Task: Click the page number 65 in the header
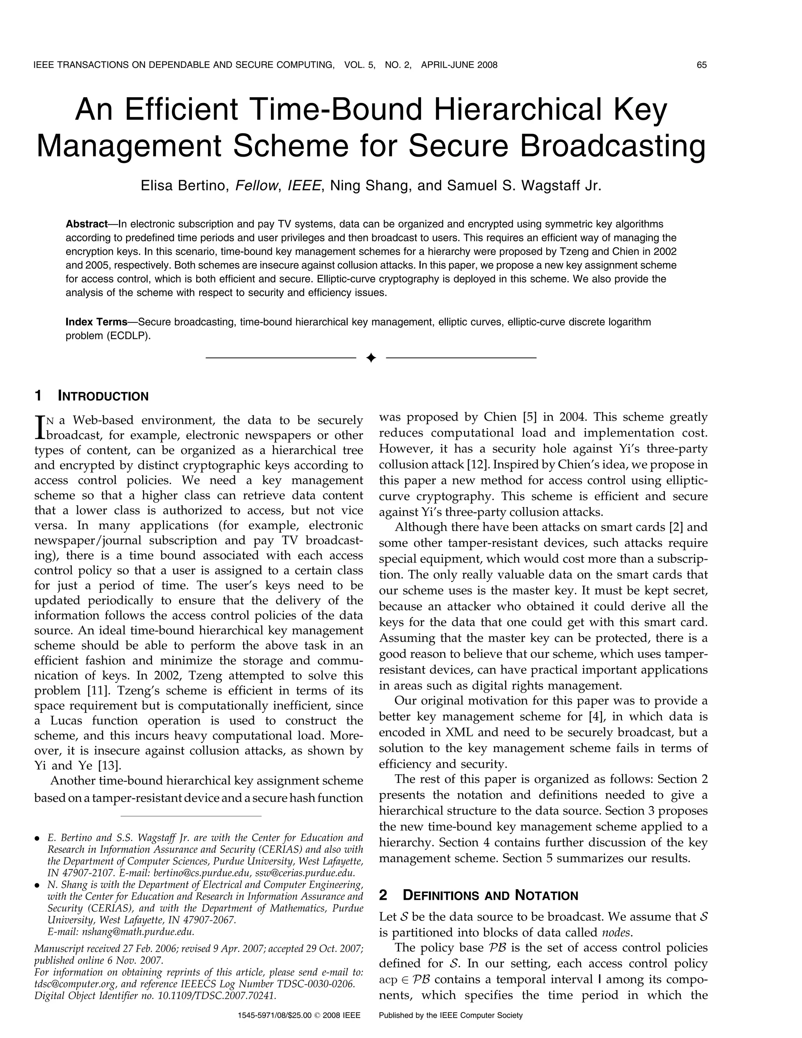[701, 65]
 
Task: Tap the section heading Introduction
[103, 396]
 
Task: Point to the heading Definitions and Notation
[490, 895]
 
